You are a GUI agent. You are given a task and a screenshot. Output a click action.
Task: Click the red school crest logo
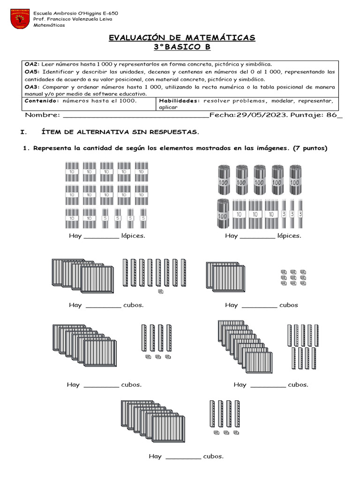[x=20, y=19]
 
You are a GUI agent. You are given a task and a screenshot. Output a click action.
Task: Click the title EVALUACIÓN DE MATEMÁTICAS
[x=182, y=37]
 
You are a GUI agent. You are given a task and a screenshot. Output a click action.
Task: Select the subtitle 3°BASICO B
[x=182, y=47]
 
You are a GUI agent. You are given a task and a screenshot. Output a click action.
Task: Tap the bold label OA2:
[x=32, y=64]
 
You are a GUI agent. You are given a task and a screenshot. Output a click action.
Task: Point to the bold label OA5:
[x=32, y=72]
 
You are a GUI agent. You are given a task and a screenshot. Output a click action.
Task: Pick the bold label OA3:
[x=32, y=87]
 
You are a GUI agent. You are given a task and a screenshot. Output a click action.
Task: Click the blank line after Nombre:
[x=135, y=116]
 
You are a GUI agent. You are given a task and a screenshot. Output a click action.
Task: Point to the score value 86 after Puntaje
[x=332, y=115]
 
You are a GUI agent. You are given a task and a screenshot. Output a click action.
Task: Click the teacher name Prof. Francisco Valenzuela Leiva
[x=75, y=19]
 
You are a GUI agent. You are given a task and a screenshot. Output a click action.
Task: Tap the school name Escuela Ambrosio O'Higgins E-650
[x=75, y=13]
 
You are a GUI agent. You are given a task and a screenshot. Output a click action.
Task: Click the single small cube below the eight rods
[x=161, y=292]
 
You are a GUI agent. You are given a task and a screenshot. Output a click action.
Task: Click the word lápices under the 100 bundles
[x=289, y=236]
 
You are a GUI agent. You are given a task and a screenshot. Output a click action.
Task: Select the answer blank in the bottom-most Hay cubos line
[x=183, y=456]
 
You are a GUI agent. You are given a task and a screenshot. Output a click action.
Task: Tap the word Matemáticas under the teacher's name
[x=49, y=25]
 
